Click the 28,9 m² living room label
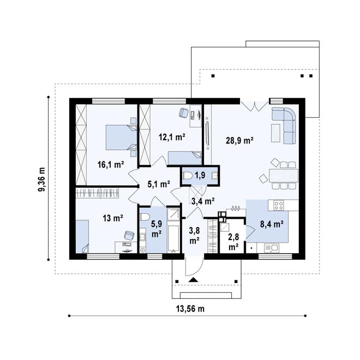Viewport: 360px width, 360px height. tap(239, 141)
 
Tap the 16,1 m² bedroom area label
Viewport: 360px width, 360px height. tap(111, 164)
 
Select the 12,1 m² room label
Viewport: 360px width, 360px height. tap(172, 137)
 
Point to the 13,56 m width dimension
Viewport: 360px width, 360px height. tap(190, 309)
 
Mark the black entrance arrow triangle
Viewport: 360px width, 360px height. tap(194, 280)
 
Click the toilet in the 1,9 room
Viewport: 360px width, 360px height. tap(188, 176)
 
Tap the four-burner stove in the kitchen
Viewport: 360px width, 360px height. tap(279, 205)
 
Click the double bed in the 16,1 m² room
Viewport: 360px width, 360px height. tap(121, 137)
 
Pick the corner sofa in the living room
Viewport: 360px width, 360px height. tap(284, 125)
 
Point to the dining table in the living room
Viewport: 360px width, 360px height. tap(283, 176)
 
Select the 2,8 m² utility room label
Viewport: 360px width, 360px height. tap(233, 242)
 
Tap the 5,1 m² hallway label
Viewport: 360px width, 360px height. tap(159, 184)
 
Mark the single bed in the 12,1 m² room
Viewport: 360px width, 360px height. tap(185, 158)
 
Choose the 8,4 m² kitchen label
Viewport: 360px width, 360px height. tap(271, 224)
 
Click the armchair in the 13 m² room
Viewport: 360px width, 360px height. tap(129, 236)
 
